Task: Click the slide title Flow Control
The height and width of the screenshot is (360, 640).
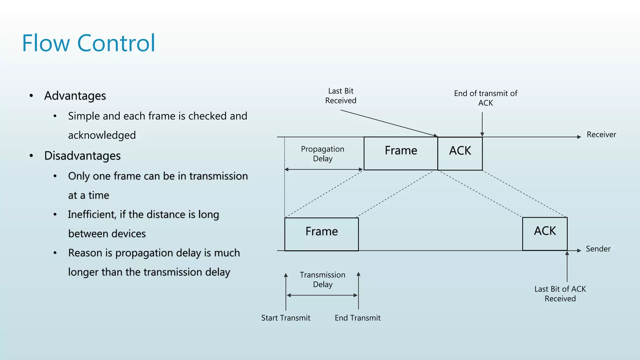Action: [x=88, y=43]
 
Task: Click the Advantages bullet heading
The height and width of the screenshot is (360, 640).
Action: [x=75, y=96]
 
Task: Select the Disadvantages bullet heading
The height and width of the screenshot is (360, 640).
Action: [x=82, y=156]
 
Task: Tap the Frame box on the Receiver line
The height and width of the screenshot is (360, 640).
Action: [x=401, y=153]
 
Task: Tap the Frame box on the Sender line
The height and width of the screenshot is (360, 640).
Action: [x=321, y=234]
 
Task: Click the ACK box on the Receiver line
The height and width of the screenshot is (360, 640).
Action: [x=460, y=153]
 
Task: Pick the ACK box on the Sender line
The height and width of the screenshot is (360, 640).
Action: [x=545, y=234]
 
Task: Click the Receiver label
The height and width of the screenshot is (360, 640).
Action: [x=601, y=135]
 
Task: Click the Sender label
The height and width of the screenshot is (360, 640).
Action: [x=598, y=249]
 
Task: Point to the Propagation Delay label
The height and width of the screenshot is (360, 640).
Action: [x=322, y=154]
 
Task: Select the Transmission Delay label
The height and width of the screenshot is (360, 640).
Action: [x=322, y=279]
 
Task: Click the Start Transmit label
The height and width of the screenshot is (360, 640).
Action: [x=286, y=318]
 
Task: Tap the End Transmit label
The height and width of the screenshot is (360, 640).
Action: [x=357, y=318]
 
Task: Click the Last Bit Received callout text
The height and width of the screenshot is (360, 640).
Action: [x=341, y=96]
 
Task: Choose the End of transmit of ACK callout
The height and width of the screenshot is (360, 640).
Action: [x=485, y=98]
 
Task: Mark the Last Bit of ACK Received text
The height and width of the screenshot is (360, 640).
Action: [x=560, y=294]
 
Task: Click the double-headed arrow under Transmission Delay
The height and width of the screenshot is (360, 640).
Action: [x=322, y=295]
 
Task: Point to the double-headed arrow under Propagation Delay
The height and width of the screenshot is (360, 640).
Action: [x=323, y=169]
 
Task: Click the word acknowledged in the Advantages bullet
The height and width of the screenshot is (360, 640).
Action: [x=102, y=135]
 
